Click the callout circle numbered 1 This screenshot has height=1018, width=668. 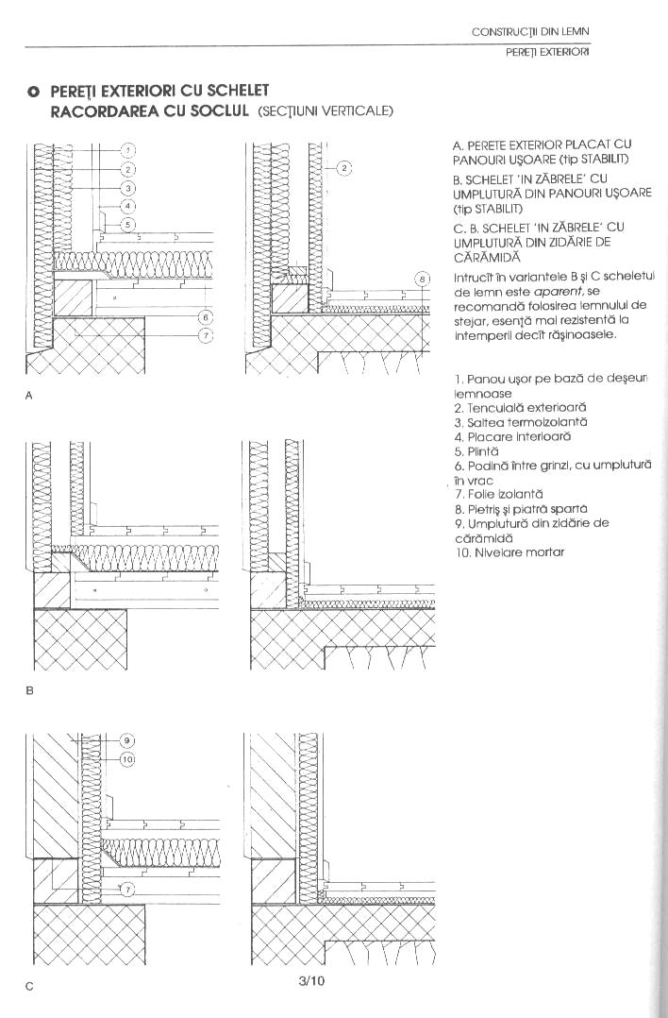click(x=129, y=150)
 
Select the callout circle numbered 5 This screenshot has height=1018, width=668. click(x=129, y=224)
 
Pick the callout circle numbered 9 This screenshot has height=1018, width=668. click(x=129, y=740)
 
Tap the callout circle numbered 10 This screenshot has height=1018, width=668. click(x=129, y=758)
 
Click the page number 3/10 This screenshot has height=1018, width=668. click(x=311, y=980)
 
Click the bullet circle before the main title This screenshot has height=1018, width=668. click(x=33, y=92)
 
